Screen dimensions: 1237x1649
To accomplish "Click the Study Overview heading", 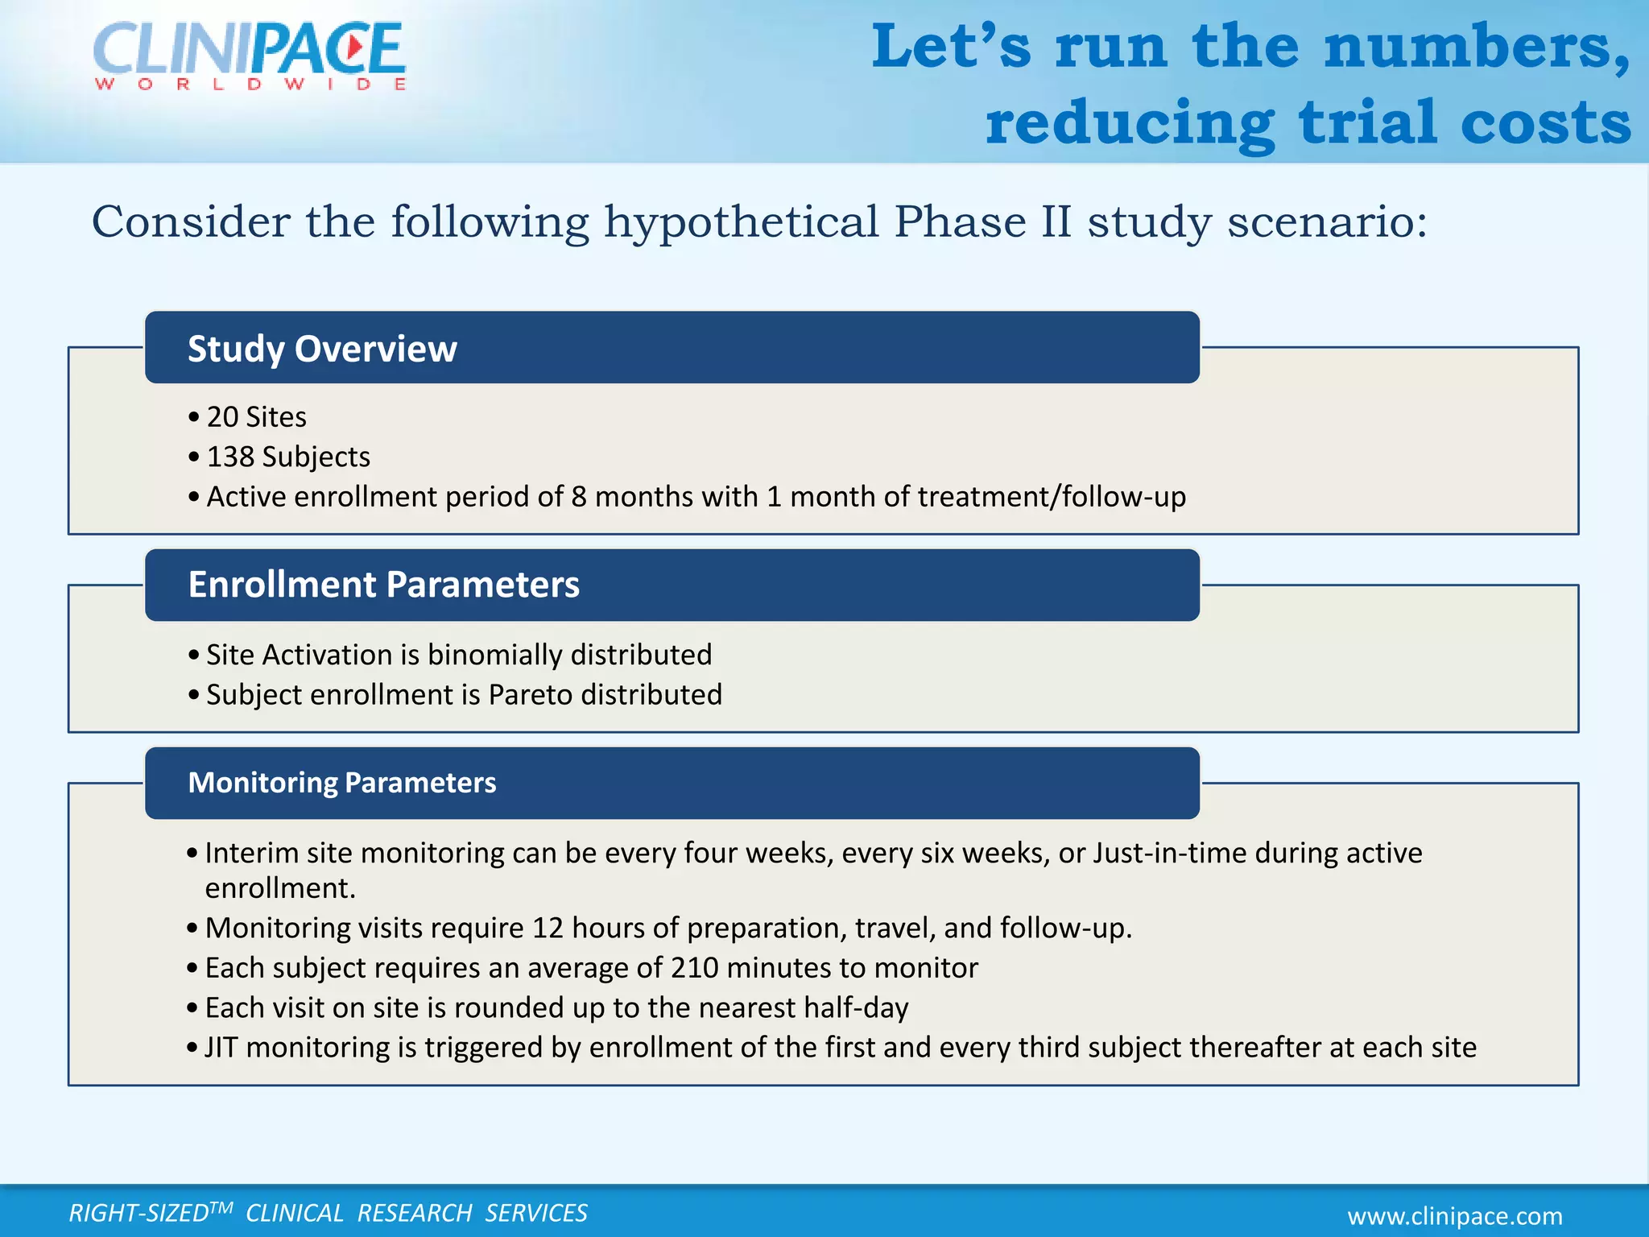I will point(322,349).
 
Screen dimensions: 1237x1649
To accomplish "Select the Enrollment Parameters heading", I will point(383,585).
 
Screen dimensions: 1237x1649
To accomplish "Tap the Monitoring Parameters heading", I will point(342,783).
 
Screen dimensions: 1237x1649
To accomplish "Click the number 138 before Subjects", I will point(230,457).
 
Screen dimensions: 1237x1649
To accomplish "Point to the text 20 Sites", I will point(256,417).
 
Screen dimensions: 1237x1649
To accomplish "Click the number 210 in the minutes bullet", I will point(694,968).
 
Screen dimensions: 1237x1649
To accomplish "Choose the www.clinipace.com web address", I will point(1455,1216).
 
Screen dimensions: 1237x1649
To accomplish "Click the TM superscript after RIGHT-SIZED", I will point(221,1206).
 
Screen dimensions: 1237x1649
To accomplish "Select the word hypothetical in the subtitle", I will point(741,223).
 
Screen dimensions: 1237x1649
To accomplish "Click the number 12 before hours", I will point(548,929).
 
